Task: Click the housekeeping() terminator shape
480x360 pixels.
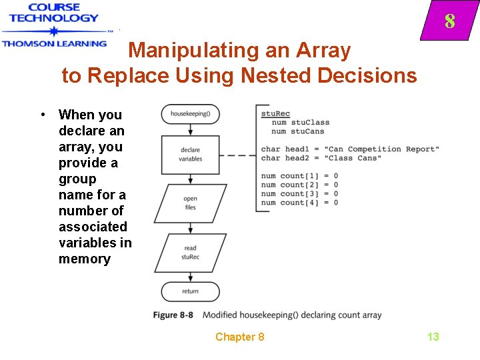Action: click(x=191, y=114)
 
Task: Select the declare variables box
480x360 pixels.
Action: click(x=191, y=155)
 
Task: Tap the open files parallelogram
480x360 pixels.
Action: click(x=191, y=203)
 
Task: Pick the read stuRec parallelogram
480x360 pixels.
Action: click(x=191, y=252)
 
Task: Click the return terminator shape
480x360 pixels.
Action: click(x=191, y=291)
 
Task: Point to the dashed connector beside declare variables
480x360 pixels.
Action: click(x=237, y=155)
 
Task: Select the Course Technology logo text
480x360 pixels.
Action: click(x=53, y=13)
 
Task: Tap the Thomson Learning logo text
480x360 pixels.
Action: click(x=53, y=43)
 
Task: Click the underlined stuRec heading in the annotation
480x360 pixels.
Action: click(x=275, y=114)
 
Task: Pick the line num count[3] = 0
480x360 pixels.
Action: click(x=299, y=194)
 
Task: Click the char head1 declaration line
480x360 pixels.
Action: click(x=350, y=149)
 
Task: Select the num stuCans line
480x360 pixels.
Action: click(x=298, y=131)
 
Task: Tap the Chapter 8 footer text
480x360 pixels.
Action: click(x=239, y=337)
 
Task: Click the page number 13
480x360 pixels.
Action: click(x=433, y=337)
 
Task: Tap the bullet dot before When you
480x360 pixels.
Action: click(x=43, y=115)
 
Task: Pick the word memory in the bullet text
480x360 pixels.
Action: click(x=84, y=259)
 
